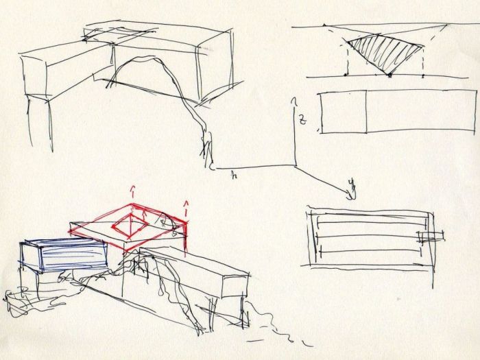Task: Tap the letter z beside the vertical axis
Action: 302,121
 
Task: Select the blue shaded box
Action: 69,255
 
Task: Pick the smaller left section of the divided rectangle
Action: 342,112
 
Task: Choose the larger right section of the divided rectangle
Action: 411,112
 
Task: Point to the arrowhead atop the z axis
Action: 295,100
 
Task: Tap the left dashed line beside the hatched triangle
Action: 345,58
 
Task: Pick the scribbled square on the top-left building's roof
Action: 123,33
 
